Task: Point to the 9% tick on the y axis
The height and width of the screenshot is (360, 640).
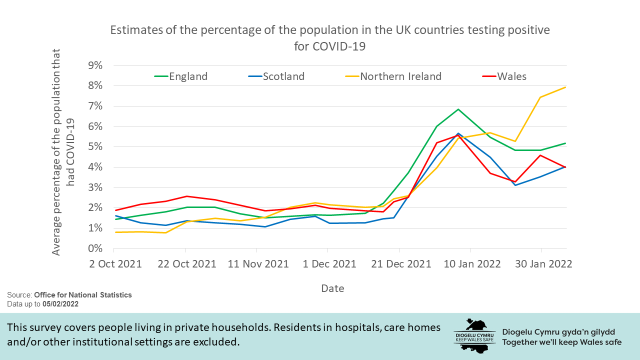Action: click(95, 65)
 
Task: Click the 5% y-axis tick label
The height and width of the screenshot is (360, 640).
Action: click(95, 147)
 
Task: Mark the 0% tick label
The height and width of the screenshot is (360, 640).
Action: click(95, 248)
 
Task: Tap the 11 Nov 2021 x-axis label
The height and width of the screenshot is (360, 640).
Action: click(258, 264)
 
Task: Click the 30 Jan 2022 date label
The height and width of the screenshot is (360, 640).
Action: click(541, 264)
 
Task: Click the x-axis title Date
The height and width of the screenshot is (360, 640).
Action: click(332, 288)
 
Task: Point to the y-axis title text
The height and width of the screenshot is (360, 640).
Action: click(63, 152)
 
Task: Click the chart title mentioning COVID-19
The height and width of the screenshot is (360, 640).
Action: click(330, 38)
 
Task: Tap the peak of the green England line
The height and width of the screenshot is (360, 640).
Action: click(458, 109)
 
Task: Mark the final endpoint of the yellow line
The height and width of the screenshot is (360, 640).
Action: click(566, 87)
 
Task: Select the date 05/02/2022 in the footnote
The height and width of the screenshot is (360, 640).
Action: click(60, 303)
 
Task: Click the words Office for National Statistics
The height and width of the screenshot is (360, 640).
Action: click(83, 295)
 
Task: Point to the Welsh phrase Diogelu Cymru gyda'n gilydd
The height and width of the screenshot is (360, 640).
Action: click(558, 332)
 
